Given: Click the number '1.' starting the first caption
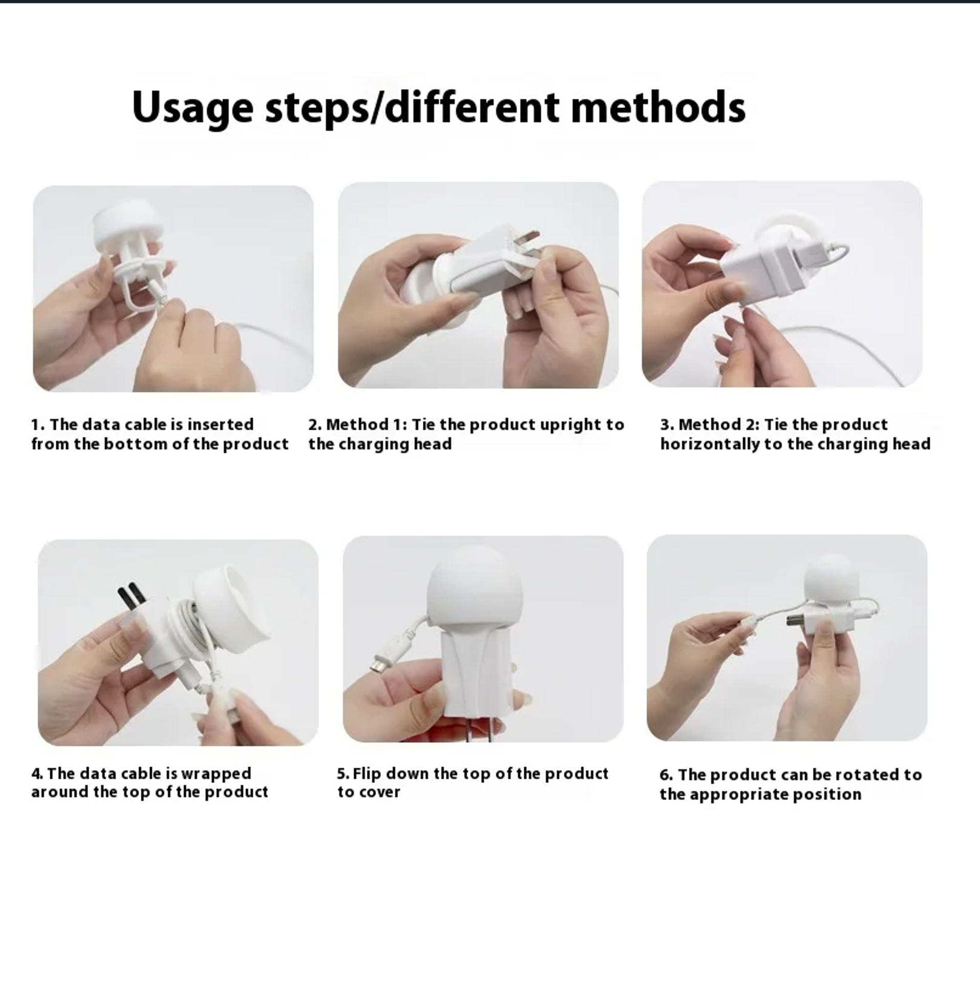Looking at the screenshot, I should coord(38,425).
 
